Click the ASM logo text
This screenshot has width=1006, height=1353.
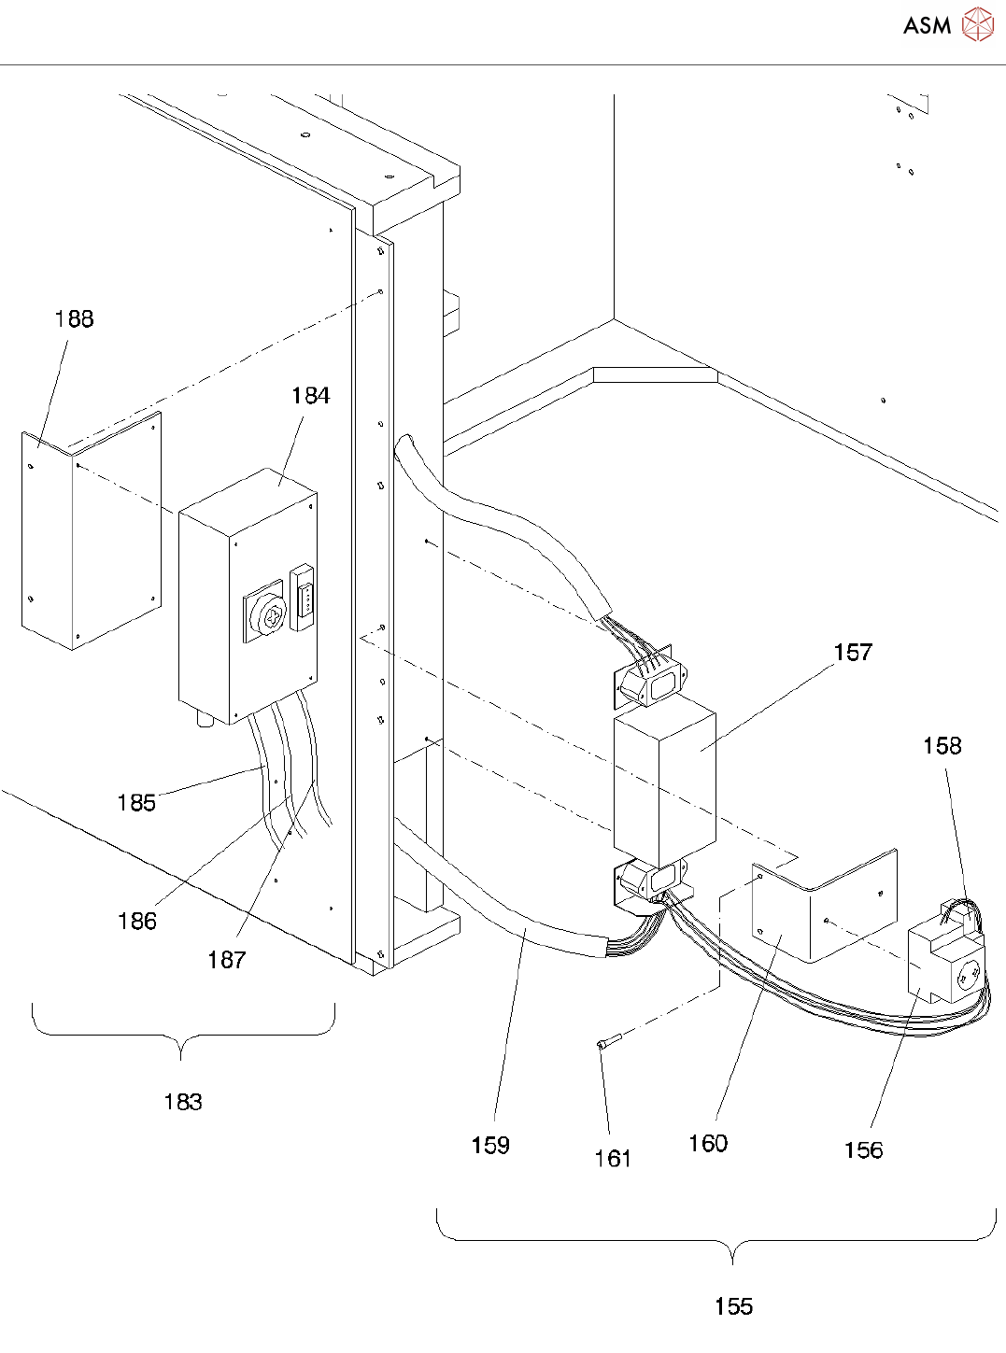click(927, 25)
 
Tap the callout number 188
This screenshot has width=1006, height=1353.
click(75, 318)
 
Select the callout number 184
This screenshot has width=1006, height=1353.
click(311, 396)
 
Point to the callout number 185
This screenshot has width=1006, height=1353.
click(136, 803)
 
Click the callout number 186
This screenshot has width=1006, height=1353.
click(137, 921)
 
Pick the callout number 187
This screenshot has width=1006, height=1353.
click(226, 960)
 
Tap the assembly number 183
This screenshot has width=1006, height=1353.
click(183, 1102)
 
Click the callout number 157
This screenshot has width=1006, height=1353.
click(854, 652)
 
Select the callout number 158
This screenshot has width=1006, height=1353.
click(942, 745)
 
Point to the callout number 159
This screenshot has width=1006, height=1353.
click(490, 1145)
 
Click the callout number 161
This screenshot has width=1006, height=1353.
click(613, 1159)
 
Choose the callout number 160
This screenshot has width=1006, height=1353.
click(708, 1143)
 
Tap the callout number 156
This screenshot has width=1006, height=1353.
click(864, 1149)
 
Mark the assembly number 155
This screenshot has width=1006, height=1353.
click(734, 1306)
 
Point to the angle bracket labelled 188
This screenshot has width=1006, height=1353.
click(92, 530)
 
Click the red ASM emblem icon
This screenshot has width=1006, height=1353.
click(978, 24)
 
